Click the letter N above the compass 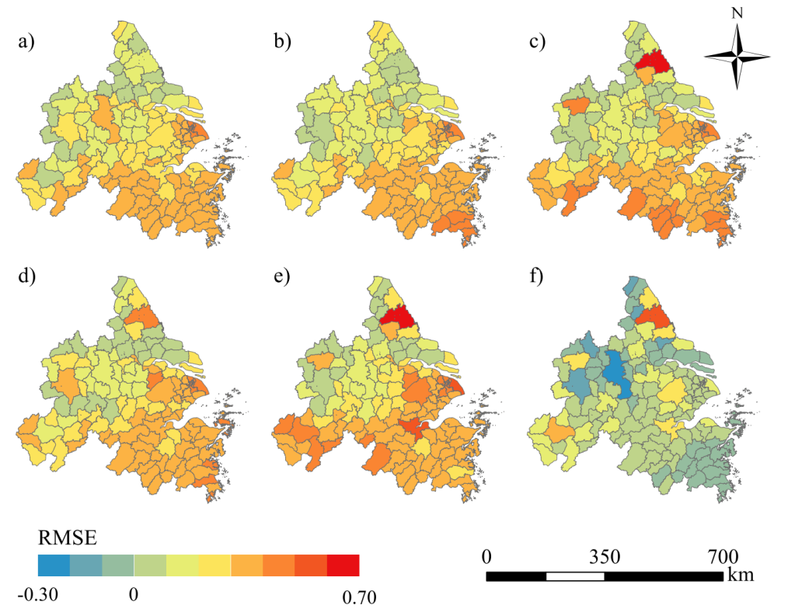pyautogui.click(x=737, y=13)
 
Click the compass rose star pyautogui.click(x=737, y=57)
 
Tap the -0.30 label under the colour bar pyautogui.click(x=35, y=596)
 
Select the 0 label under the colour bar pyautogui.click(x=134, y=596)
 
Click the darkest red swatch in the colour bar pyautogui.click(x=343, y=565)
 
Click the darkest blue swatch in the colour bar pyautogui.click(x=53, y=565)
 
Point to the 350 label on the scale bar pyautogui.click(x=605, y=557)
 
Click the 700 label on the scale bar pyautogui.click(x=722, y=557)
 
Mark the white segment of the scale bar pyautogui.click(x=575, y=576)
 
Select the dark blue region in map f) pyautogui.click(x=616, y=374)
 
